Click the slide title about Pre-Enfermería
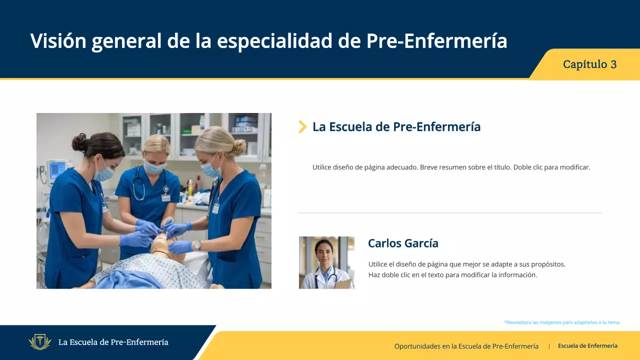pos(268,41)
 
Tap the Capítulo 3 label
pos(589,64)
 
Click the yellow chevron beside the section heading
pos(302,127)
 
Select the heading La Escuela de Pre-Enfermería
pos(396,127)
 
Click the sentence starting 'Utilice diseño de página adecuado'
pos(451,167)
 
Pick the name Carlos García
pos(403,243)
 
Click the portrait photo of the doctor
pos(326,262)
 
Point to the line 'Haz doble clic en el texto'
pos(452,274)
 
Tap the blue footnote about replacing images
pos(562,322)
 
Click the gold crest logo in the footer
pos(40,342)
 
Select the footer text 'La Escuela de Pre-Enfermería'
pos(113,342)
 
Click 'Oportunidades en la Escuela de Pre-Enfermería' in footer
pos(466,346)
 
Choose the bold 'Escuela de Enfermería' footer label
pos(587,346)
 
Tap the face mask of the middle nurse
pos(155,167)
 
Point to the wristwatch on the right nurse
pos(197,245)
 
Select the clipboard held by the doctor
pos(343,284)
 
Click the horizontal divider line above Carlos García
pos(449,213)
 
